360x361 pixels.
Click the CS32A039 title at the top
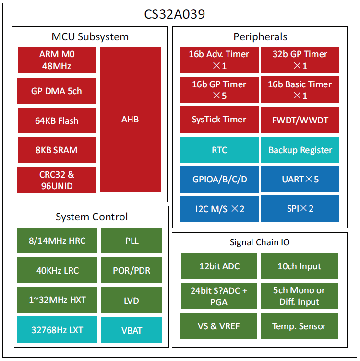[x=175, y=14]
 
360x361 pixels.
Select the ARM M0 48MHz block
[x=57, y=60]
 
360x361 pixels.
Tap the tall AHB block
[x=130, y=119]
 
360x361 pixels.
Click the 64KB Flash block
[x=57, y=120]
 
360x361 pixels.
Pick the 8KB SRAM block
[x=57, y=150]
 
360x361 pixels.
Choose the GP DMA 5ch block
[x=57, y=91]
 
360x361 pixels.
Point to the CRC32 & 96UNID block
[x=57, y=180]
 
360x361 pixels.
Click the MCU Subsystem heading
[x=90, y=37]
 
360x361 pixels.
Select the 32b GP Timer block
[x=300, y=60]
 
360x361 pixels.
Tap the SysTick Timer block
[x=219, y=120]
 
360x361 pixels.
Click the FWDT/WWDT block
[x=300, y=120]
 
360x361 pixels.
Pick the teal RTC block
[x=219, y=150]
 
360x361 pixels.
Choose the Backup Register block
[x=300, y=150]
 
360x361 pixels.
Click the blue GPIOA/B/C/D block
[x=219, y=179]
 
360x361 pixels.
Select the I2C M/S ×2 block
[x=219, y=208]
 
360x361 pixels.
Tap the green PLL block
[x=132, y=241]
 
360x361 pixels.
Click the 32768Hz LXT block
[x=57, y=330]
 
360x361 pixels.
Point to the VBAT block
[x=132, y=330]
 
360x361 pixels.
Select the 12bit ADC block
[x=219, y=266]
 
